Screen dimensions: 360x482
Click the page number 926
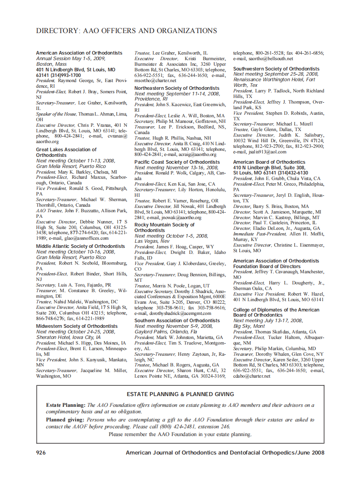pyautogui.click(x=41, y=452)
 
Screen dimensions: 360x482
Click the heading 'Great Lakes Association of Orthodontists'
pyautogui.click(x=66, y=152)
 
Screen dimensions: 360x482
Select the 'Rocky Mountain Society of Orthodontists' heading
pyautogui.click(x=164, y=227)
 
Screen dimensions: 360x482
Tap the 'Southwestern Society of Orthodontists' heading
pyautogui.click(x=276, y=69)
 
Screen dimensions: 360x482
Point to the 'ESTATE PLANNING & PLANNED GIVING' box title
pyautogui.click(x=180, y=394)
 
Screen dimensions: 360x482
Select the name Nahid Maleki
pyautogui.click(x=68, y=302)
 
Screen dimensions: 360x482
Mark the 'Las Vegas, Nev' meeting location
pyautogui.click(x=152, y=241)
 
